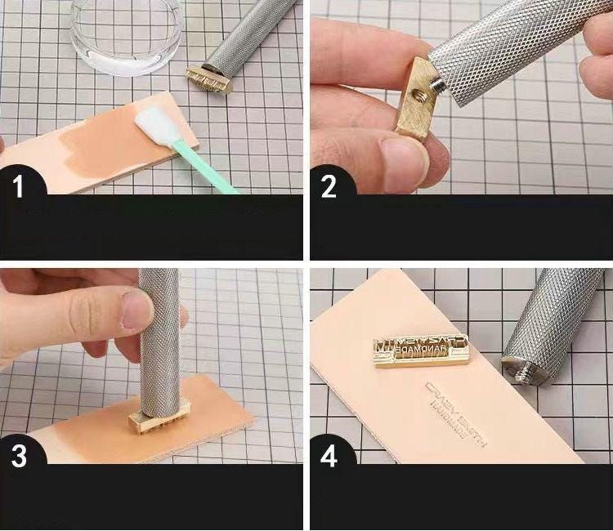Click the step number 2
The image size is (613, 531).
click(329, 186)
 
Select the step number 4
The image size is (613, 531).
click(329, 456)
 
